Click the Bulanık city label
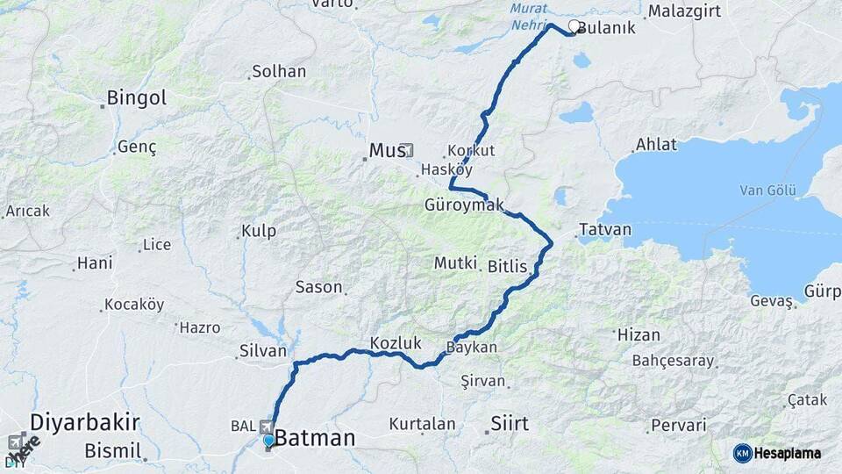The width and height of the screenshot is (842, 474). click(606, 28)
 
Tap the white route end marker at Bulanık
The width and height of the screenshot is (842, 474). click(574, 26)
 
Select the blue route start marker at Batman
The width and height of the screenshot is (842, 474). click(268, 440)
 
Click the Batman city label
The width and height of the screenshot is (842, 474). click(315, 438)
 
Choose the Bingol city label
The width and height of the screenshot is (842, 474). click(136, 98)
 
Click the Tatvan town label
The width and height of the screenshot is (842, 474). click(604, 230)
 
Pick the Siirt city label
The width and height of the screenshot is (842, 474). click(509, 424)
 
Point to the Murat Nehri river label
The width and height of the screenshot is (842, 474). click(528, 18)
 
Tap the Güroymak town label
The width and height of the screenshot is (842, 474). click(464, 205)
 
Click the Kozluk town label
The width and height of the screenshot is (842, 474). click(396, 343)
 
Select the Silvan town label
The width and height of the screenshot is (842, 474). click(263, 351)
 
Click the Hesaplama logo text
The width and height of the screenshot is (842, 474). click(788, 453)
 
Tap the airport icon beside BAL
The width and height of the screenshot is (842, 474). click(267, 426)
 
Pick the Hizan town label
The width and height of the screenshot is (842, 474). click(639, 334)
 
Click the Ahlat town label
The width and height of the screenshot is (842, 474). click(657, 146)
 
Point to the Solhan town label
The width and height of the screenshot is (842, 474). click(278, 72)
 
